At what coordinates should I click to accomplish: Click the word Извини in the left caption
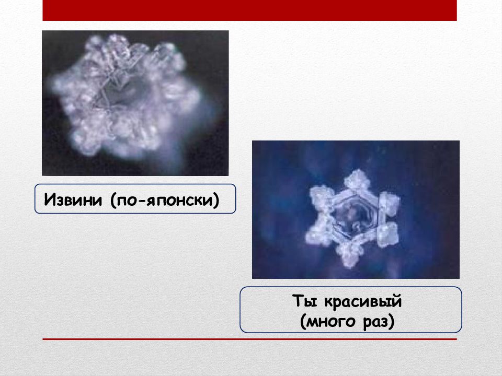pos(73,199)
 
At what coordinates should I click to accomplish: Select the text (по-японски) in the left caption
pos(165,200)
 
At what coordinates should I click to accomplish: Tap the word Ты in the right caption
pos(304,301)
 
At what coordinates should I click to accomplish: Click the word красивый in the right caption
pos(363,301)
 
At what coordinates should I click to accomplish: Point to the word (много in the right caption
pos(328,322)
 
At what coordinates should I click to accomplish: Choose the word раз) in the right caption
pos(379,322)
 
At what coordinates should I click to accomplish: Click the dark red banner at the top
pos(250,10)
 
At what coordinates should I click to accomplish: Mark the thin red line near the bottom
pos(250,339)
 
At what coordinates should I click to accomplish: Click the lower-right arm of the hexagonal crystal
pos(387,235)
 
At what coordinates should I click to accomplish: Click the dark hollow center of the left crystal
pos(119,93)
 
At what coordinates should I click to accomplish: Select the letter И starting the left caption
pos(50,199)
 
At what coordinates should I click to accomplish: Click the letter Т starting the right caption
pos(298,301)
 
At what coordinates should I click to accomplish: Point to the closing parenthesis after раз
pos(391,322)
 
